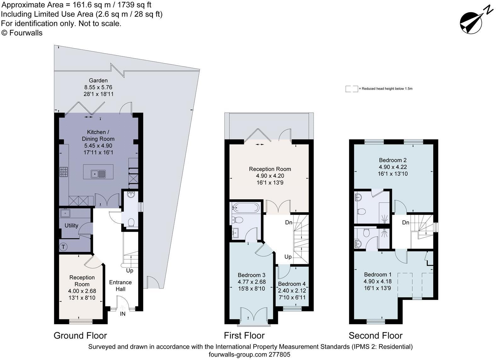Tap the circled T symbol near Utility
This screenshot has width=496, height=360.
63,247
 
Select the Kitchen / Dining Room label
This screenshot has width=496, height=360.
98,135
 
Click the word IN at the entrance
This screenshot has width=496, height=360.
123,314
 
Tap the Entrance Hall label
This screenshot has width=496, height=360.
120,286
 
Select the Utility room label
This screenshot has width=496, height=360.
71,226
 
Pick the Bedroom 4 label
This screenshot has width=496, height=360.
292,284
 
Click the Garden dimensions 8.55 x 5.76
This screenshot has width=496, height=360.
98,87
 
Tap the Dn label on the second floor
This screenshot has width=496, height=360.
406,223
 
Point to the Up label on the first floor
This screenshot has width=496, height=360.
288,257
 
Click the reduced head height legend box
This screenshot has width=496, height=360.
352,89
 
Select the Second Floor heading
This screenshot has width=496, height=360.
375,335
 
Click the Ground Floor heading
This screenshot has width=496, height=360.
80,335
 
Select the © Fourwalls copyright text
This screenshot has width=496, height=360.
22,33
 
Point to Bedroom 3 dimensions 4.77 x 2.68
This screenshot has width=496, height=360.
252,282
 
